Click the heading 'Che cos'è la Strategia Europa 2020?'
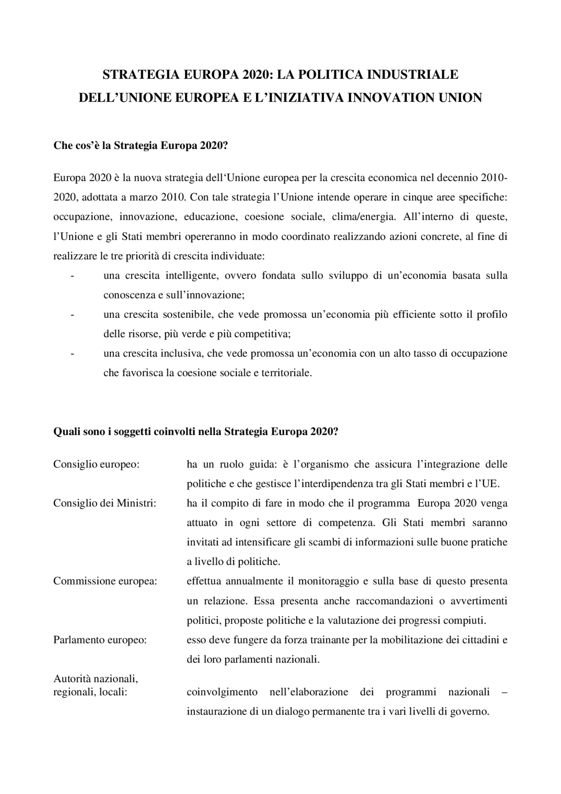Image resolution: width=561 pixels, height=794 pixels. coord(141,146)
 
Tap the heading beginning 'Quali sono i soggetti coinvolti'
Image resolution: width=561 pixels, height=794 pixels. coord(195,431)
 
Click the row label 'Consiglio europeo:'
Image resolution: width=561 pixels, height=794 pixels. coord(96,464)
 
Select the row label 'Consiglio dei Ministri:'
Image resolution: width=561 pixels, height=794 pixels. coord(105,503)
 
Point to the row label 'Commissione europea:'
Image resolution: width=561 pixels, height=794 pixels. coord(105,581)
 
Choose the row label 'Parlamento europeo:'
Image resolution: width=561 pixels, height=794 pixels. coord(100,640)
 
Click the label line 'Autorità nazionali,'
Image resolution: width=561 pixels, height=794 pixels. coord(96,679)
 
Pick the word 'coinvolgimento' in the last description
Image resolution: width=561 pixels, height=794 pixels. coord(222,692)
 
